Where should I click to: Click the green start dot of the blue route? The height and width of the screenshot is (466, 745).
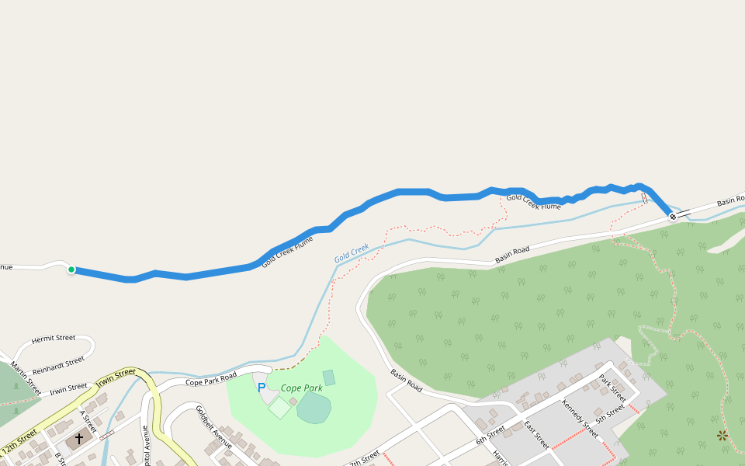[x=71, y=270]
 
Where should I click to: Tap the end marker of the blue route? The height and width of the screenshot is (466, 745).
[x=672, y=217]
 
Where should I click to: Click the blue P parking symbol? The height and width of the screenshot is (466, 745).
[x=262, y=388]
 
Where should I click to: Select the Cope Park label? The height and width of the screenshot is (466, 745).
[x=302, y=388]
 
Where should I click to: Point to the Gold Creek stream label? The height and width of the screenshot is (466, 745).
[x=352, y=253]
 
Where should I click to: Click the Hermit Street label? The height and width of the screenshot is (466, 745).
[x=54, y=339]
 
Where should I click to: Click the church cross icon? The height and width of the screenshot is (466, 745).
[x=78, y=439]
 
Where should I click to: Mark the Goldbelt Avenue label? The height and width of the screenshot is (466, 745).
[x=213, y=427]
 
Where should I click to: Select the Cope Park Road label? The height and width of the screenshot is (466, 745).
[x=211, y=380]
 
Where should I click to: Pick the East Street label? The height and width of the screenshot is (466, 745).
[x=536, y=436]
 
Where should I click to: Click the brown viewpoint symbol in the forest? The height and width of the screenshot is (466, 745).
[x=723, y=436]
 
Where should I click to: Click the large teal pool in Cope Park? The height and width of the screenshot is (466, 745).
[x=314, y=408]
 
